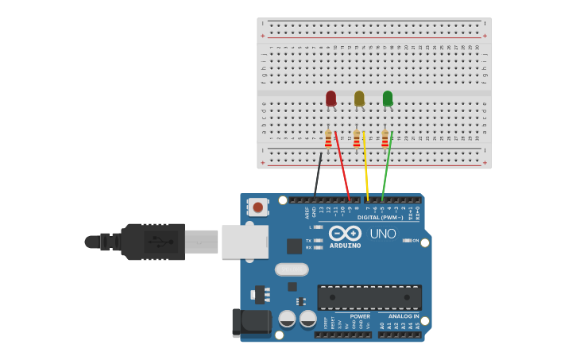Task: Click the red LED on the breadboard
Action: coord(331,99)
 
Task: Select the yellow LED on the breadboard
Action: coord(359,99)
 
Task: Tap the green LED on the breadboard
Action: coord(388,99)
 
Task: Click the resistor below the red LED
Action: coord(328,140)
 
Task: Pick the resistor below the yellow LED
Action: coord(357,140)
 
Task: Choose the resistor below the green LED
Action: coord(385,140)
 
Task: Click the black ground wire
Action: coord(318,176)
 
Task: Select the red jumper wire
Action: coord(342,167)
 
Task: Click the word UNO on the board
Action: coord(382,234)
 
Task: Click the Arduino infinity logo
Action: coord(345,233)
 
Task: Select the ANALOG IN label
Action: coord(404,316)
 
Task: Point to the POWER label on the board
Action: coord(359,316)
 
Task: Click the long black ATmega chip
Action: coord(369,297)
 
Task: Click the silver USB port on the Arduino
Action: coord(244,242)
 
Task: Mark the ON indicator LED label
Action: coord(415,240)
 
